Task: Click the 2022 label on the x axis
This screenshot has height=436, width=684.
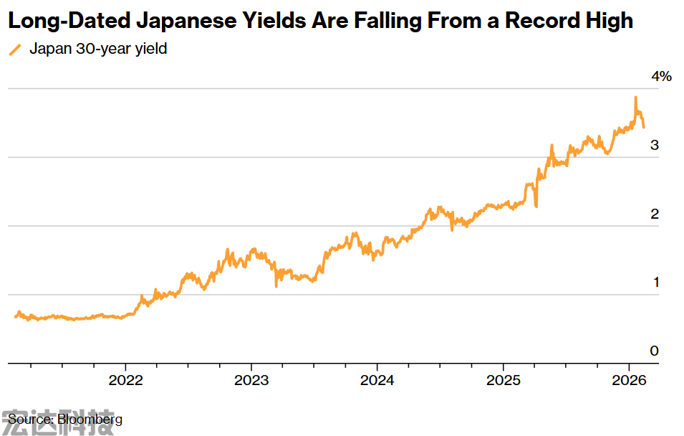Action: (126, 380)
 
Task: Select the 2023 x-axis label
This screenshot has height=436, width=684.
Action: (251, 380)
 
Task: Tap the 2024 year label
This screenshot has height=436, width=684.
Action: (377, 380)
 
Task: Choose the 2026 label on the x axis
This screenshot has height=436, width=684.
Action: (629, 380)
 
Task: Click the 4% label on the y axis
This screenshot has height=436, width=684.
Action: (661, 77)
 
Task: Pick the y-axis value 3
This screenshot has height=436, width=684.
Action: (654, 145)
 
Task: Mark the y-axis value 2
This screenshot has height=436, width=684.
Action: (654, 214)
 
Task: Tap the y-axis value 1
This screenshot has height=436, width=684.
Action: (655, 283)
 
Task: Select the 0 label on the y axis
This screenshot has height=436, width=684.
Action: (654, 351)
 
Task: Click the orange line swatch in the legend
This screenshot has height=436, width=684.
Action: (14, 50)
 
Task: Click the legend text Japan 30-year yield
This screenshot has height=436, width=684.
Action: (98, 49)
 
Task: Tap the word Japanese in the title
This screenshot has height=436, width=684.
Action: (188, 21)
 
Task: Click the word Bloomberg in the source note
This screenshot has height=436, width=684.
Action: (90, 419)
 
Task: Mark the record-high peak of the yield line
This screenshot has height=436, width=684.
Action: (635, 98)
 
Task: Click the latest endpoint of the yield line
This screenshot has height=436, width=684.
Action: (643, 127)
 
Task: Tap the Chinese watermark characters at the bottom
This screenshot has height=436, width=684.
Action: (57, 425)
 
